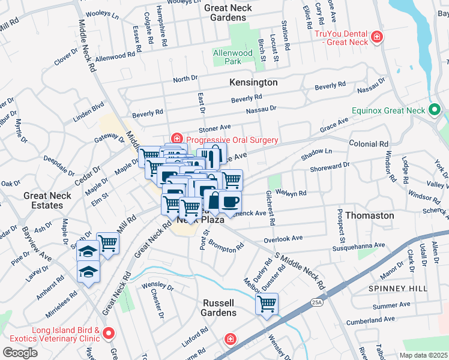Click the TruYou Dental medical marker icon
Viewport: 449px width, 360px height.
click(x=377, y=37)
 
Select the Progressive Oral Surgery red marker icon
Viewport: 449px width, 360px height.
click(x=176, y=140)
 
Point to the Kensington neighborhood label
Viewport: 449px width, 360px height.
click(x=253, y=82)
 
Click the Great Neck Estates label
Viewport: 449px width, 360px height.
click(x=47, y=200)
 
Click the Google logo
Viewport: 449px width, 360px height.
click(x=20, y=352)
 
